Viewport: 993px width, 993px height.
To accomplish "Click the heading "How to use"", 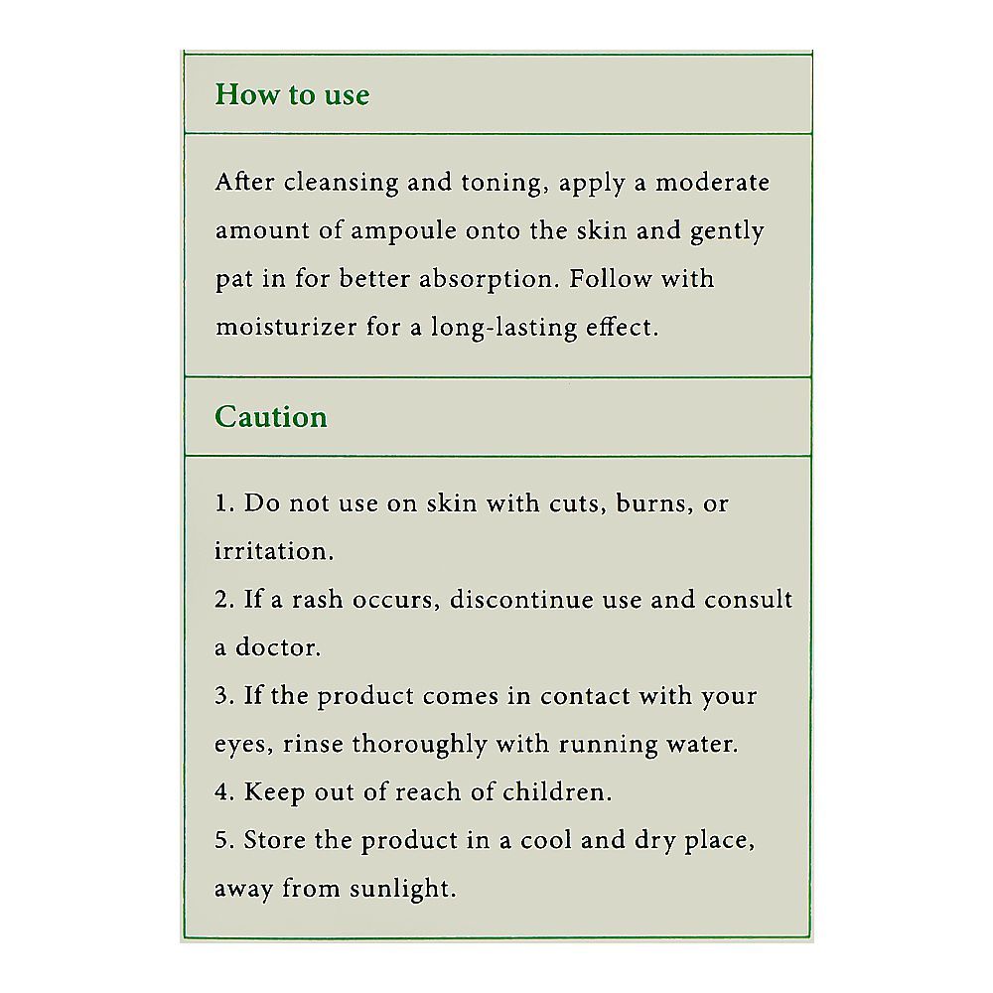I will tap(292, 95).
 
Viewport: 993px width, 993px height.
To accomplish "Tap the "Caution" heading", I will tap(271, 417).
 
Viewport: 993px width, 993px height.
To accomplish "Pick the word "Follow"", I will tap(610, 279).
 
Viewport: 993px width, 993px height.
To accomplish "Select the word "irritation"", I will tap(274, 551).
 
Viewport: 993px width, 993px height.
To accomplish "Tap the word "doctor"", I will tap(278, 648).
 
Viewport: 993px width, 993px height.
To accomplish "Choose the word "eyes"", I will tap(239, 746).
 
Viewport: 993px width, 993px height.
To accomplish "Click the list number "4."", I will tap(224, 792).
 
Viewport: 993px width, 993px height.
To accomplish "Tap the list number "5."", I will tap(224, 840).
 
